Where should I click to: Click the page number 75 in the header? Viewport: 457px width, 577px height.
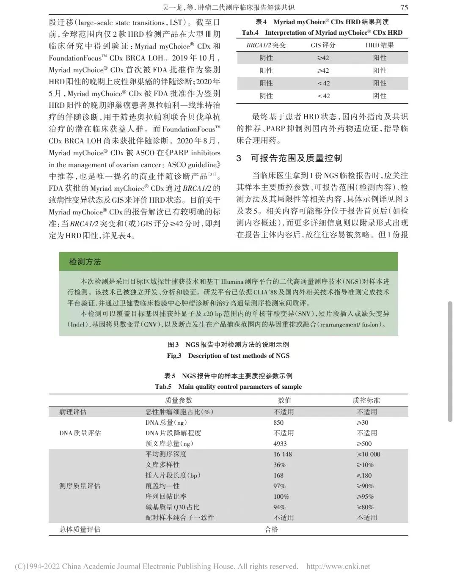click(404, 7)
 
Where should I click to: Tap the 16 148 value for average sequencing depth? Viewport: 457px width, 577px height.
click(283, 454)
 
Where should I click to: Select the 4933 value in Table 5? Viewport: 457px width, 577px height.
click(280, 444)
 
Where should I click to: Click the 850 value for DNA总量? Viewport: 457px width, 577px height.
click(278, 423)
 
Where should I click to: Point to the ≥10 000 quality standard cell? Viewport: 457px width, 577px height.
click(368, 454)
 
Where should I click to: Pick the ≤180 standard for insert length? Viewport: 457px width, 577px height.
click(364, 475)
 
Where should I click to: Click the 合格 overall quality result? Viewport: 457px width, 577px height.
click(271, 529)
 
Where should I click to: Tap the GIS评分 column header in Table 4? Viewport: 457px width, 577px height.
click(323, 45)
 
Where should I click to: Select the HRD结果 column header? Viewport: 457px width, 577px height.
click(380, 45)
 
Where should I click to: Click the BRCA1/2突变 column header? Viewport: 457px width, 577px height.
click(266, 45)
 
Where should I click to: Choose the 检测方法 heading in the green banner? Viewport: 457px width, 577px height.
click(85, 262)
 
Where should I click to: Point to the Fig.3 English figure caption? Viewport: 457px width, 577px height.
click(228, 356)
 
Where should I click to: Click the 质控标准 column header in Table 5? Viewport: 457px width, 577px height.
click(366, 400)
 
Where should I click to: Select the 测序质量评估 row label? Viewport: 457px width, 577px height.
click(80, 486)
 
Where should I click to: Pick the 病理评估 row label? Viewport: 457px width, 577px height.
click(73, 412)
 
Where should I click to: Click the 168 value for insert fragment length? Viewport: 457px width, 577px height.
click(278, 475)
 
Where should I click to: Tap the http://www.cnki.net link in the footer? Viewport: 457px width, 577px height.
click(338, 566)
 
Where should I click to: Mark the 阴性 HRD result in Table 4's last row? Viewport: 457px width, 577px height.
click(380, 96)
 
